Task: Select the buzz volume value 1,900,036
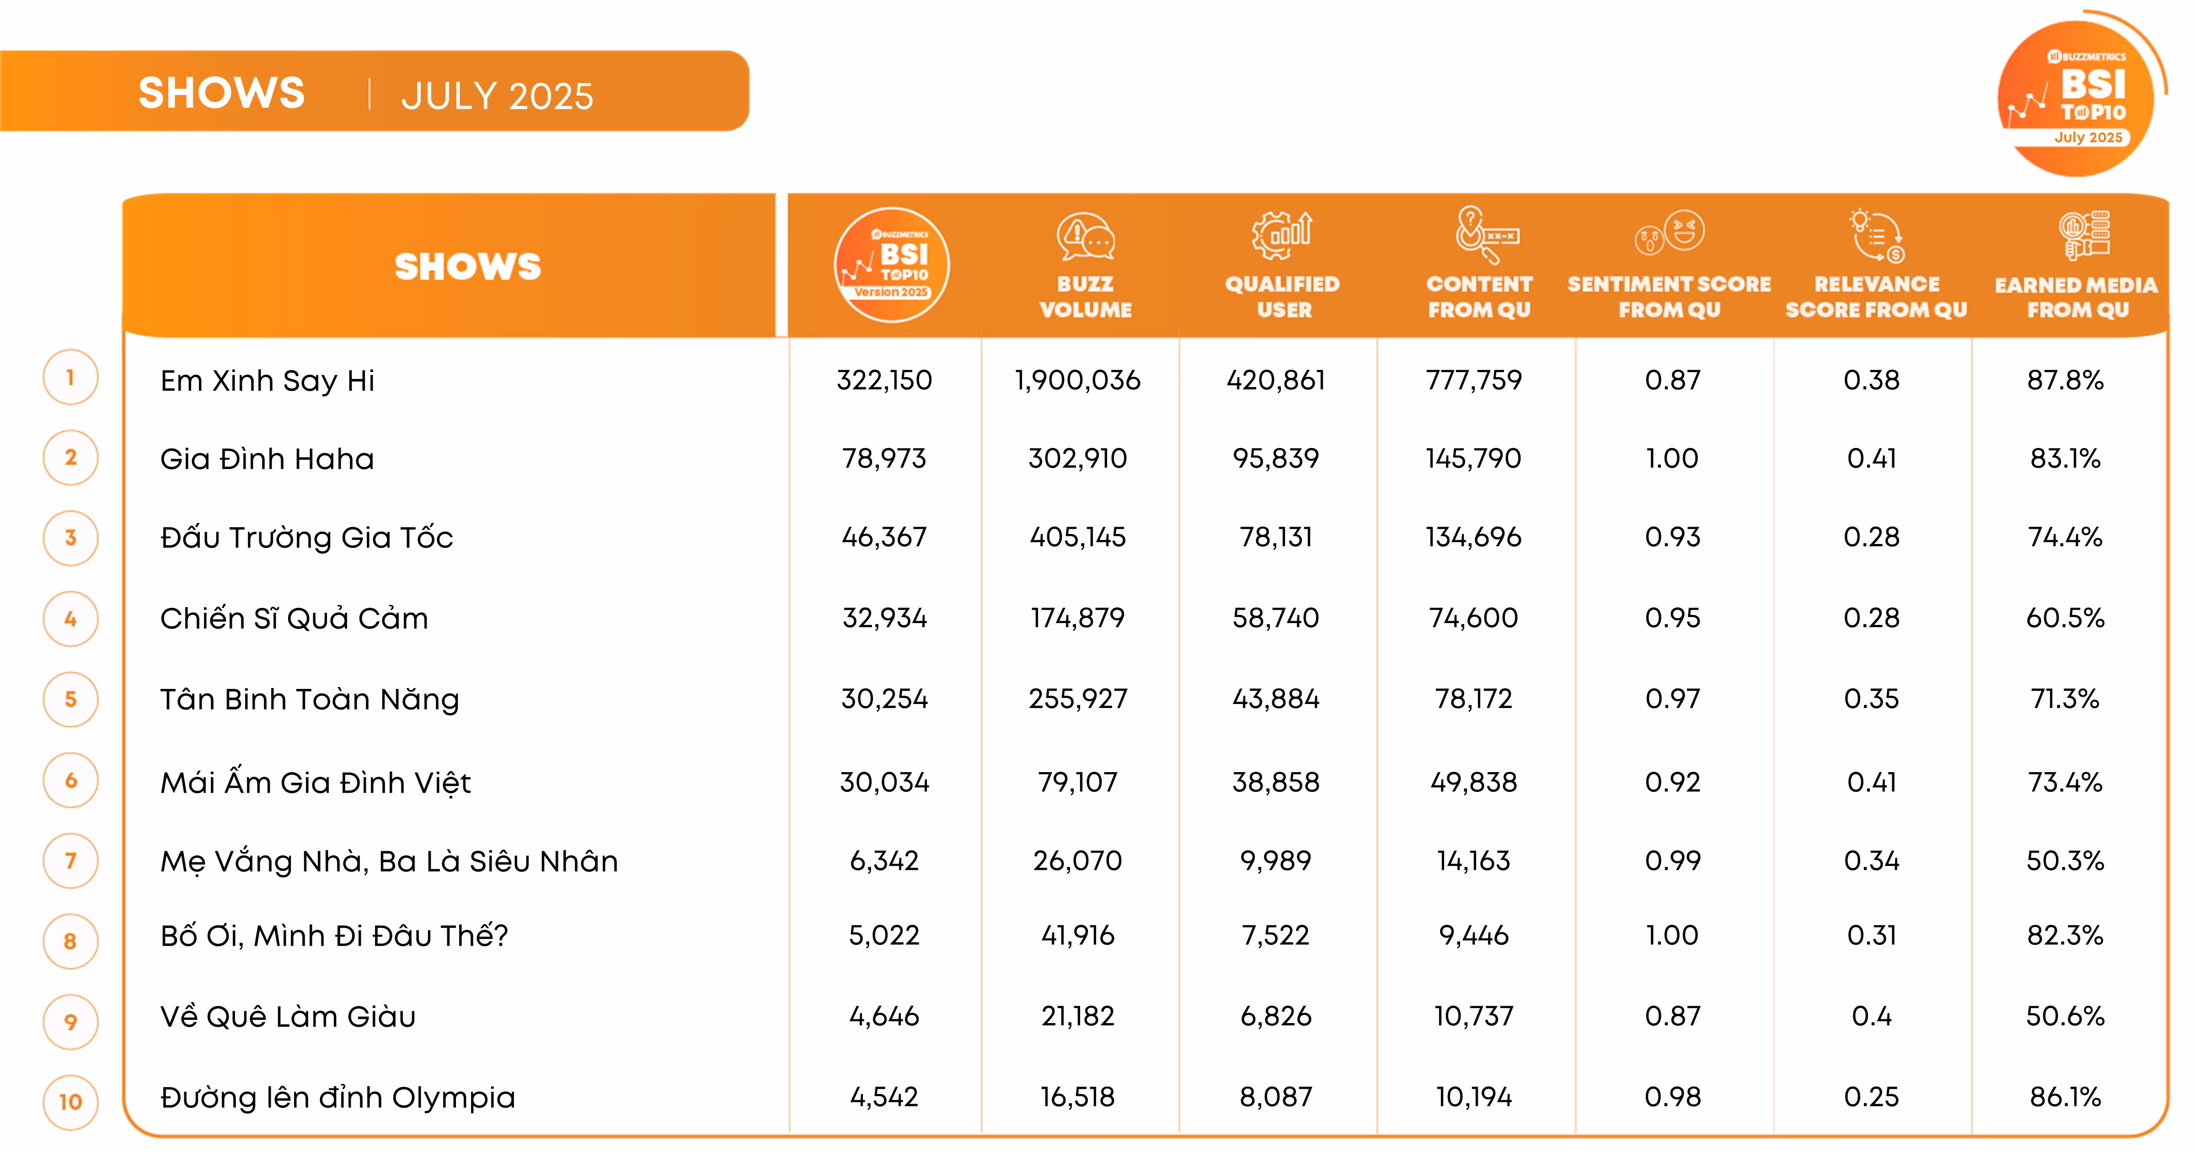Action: click(x=1077, y=380)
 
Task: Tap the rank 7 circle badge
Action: click(x=71, y=861)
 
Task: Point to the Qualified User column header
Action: click(x=1282, y=296)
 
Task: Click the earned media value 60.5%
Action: click(x=2065, y=618)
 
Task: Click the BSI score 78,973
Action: click(x=883, y=459)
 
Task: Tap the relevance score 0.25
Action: click(x=1871, y=1097)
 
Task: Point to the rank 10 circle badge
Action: click(x=71, y=1102)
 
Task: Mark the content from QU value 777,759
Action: click(x=1473, y=380)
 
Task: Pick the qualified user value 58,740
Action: click(x=1275, y=618)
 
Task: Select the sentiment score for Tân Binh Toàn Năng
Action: click(x=1672, y=699)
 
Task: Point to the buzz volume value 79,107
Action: click(x=1077, y=782)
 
